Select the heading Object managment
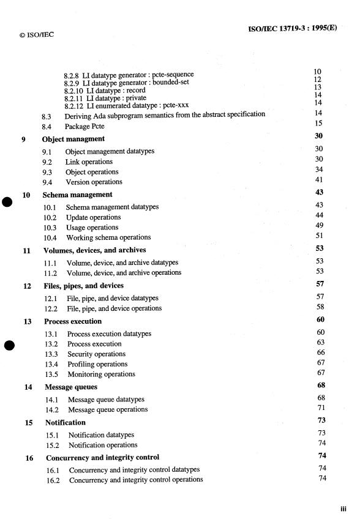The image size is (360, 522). click(73, 139)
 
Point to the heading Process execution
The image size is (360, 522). click(73, 321)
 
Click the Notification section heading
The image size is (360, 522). click(65, 422)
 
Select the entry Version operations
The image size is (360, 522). click(94, 182)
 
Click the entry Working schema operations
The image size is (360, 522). click(109, 237)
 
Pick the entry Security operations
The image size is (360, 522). click(97, 354)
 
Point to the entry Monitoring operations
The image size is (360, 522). click(101, 374)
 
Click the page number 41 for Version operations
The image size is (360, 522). click(318, 182)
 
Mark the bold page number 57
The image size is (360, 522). click(318, 285)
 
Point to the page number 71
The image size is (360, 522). click(318, 409)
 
